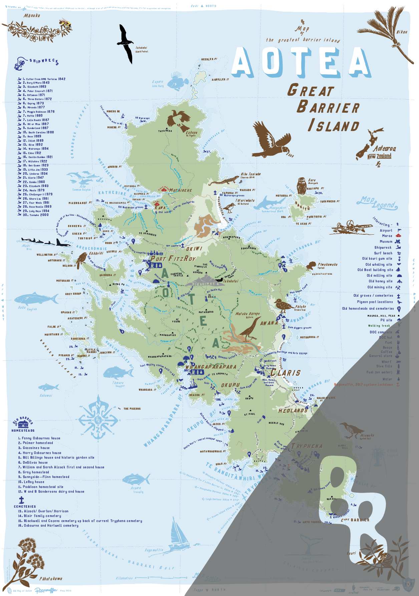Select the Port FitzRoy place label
173,259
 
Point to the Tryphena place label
307,446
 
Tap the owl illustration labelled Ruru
302,186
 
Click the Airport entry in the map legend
386,230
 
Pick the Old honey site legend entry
380,281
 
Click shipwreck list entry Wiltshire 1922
37,161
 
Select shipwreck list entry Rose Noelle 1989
40,207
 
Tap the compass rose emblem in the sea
98,418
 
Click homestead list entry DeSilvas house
35,462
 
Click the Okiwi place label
194,249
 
